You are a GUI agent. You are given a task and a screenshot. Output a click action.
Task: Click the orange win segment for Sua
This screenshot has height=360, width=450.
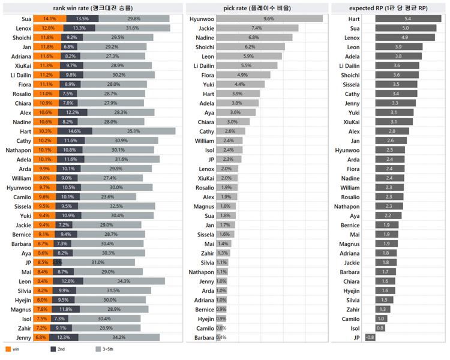click(46, 19)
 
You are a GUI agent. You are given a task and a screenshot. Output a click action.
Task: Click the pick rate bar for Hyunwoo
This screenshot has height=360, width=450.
click(269, 19)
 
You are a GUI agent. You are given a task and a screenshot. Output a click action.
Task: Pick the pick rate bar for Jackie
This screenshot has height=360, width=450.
click(257, 28)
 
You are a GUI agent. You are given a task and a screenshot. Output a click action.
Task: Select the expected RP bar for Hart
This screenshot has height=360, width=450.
click(409, 19)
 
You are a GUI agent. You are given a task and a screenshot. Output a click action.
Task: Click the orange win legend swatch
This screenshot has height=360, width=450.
click(7, 349)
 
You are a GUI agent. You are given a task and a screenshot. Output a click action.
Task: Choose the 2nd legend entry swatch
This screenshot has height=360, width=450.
click(54, 349)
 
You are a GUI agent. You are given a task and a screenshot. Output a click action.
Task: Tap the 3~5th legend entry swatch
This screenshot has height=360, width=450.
click(98, 349)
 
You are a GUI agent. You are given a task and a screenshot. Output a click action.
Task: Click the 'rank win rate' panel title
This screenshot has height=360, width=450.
click(92, 7)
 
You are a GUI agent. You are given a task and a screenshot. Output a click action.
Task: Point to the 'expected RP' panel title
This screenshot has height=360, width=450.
click(389, 7)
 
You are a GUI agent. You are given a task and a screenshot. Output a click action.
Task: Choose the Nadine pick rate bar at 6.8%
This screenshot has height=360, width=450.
click(254, 37)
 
